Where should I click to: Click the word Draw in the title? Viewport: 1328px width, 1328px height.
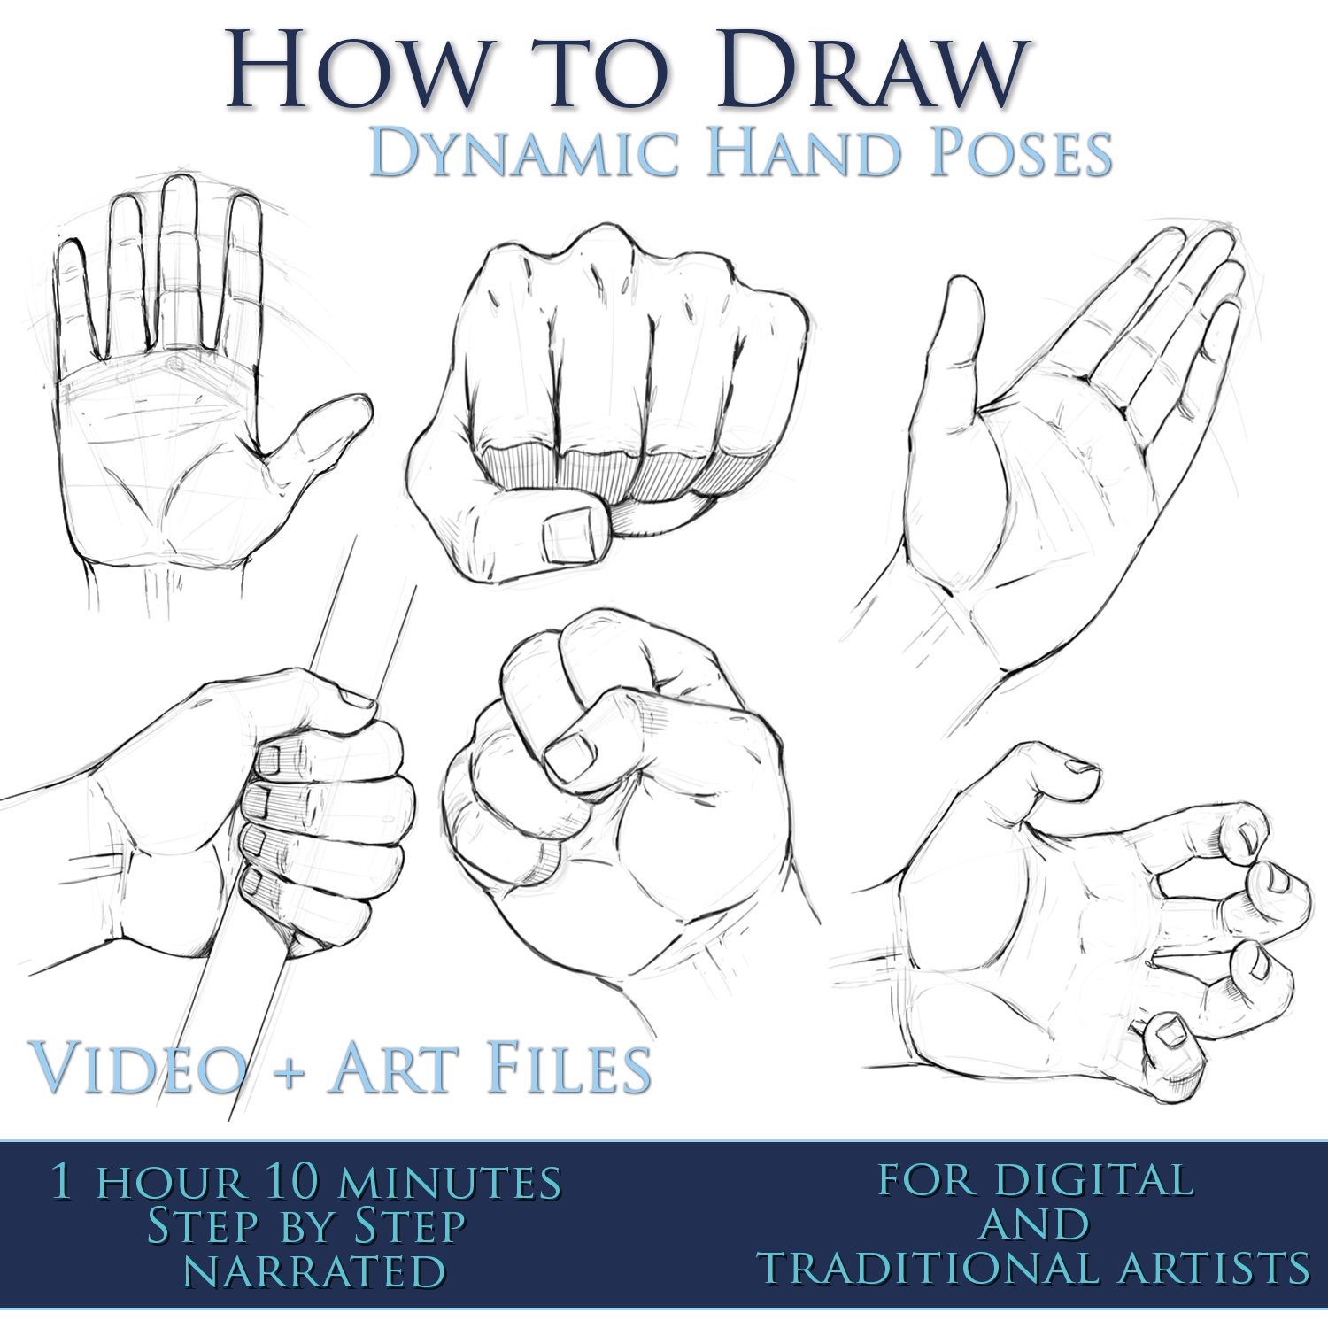872,69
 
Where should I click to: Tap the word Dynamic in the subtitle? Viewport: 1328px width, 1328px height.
523,152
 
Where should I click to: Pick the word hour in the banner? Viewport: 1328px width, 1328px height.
169,1183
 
